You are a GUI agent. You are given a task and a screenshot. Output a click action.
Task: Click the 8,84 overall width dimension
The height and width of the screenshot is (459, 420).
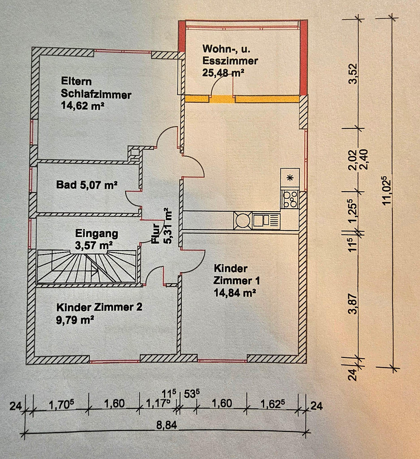click(166, 425)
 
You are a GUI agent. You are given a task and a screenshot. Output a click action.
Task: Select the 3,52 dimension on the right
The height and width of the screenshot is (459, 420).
click(353, 74)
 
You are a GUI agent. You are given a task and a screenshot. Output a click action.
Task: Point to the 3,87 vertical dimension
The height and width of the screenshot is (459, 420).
click(353, 303)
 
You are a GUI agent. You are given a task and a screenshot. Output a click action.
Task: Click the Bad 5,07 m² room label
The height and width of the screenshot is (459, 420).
click(87, 185)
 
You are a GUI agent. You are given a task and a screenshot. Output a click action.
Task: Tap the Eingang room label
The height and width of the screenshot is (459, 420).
click(97, 233)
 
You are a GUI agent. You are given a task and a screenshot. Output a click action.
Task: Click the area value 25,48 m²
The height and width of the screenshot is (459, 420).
click(223, 72)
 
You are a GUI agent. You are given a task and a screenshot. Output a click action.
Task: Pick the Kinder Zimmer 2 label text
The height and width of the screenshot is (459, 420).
click(99, 307)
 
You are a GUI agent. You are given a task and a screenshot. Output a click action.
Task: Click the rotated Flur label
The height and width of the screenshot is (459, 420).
click(155, 234)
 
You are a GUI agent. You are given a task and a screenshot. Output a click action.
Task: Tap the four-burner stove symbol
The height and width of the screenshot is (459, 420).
click(290, 199)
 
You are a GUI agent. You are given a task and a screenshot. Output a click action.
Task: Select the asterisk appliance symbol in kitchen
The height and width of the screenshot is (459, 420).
click(290, 177)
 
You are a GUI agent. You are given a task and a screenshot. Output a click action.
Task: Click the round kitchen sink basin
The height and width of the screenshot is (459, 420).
click(242, 220)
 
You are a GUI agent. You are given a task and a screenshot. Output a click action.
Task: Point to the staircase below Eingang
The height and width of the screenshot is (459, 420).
click(86, 266)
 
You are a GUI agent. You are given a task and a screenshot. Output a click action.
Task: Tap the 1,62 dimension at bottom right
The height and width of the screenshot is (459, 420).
click(273, 404)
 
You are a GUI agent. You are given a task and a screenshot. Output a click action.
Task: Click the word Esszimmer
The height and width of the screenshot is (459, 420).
click(230, 61)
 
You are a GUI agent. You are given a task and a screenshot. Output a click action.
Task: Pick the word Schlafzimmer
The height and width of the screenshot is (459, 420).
click(96, 94)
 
